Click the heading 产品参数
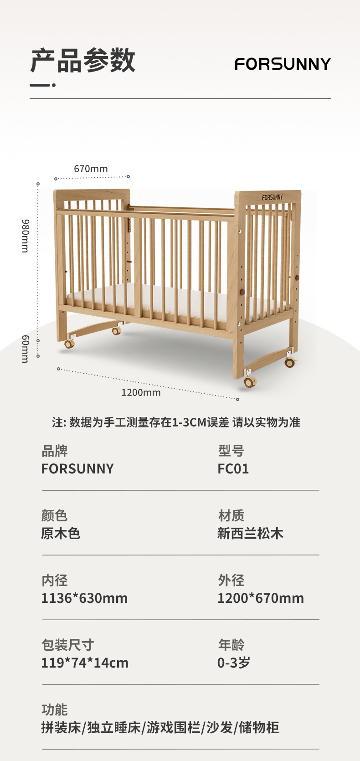(83, 60)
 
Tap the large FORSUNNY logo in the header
(283, 64)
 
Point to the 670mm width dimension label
(91, 169)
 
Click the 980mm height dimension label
(26, 236)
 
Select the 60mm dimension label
(26, 349)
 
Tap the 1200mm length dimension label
(141, 392)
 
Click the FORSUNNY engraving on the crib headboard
(272, 197)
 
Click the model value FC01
(233, 469)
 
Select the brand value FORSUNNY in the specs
(77, 469)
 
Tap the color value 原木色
(61, 534)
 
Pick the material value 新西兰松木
(250, 534)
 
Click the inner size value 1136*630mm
(84, 598)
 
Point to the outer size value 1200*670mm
(260, 598)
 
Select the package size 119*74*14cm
(85, 663)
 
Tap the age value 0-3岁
(234, 663)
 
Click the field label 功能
(54, 710)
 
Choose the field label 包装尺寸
(67, 645)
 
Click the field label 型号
(231, 451)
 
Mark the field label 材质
(231, 515)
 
